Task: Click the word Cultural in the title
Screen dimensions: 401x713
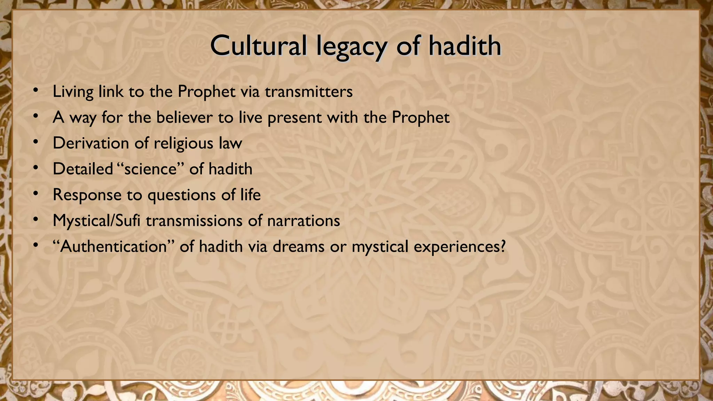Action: pyautogui.click(x=258, y=46)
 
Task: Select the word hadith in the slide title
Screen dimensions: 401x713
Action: pyautogui.click(x=464, y=46)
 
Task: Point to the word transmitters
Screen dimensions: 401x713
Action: pyautogui.click(x=308, y=92)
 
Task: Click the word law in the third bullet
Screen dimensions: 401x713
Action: pyautogui.click(x=230, y=143)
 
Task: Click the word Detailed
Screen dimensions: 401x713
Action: pyautogui.click(x=83, y=169)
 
